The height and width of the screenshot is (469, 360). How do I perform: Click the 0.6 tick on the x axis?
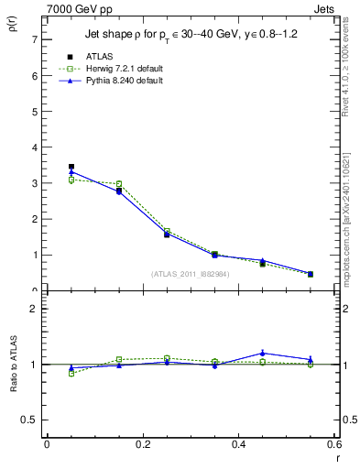(x=335, y=444)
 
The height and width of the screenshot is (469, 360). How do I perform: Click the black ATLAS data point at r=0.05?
(x=71, y=167)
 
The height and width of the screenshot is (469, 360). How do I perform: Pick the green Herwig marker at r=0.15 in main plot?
(x=119, y=184)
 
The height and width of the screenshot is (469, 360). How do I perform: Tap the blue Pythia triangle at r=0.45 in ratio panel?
(x=263, y=353)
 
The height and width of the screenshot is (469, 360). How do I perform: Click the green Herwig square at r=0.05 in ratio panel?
(x=71, y=373)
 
